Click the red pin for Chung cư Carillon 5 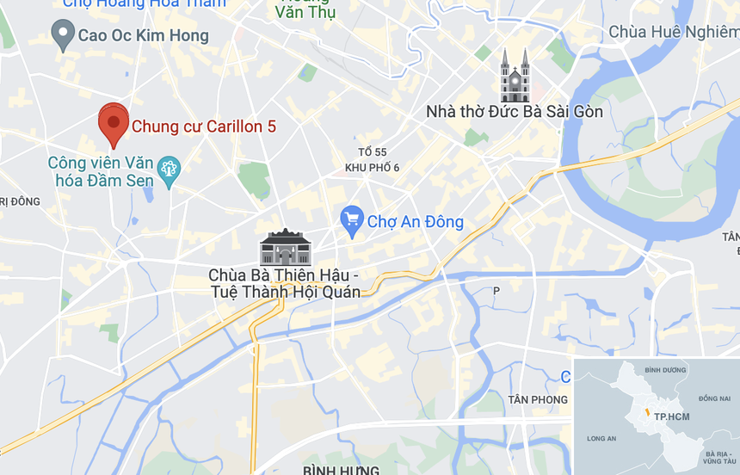click(113, 123)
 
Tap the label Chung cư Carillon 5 click(204, 126)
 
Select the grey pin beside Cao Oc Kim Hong click(62, 34)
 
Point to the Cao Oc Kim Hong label click(143, 35)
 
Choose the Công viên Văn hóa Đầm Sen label click(101, 171)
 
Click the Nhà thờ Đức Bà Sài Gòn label click(515, 112)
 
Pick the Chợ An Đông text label click(415, 222)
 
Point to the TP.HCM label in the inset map click(671, 416)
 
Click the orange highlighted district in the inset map click(645, 414)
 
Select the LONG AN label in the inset click(601, 439)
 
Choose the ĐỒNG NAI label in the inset click(713, 398)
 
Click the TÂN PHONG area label click(538, 399)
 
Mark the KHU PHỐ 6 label click(372, 167)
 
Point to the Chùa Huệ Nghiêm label click(673, 32)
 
